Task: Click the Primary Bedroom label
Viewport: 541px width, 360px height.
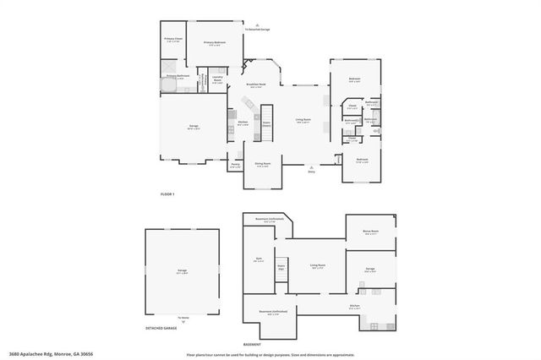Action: pyautogui.click(x=214, y=43)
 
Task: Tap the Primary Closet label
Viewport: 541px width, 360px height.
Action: pyautogui.click(x=173, y=39)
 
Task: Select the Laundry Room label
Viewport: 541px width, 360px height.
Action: pyautogui.click(x=217, y=81)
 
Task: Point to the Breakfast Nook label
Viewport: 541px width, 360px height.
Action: pyautogui.click(x=255, y=85)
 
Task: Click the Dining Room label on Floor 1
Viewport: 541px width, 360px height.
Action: pyautogui.click(x=262, y=164)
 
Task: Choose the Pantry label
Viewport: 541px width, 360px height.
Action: pyautogui.click(x=235, y=166)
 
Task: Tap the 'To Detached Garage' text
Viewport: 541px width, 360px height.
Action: pyautogui.click(x=257, y=29)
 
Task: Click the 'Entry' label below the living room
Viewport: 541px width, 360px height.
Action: pyautogui.click(x=311, y=171)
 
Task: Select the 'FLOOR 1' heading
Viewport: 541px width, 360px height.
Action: pyautogui.click(x=167, y=194)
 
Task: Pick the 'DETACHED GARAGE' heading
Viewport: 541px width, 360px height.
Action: pyautogui.click(x=161, y=328)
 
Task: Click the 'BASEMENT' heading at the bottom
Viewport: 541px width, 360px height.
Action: pyautogui.click(x=251, y=345)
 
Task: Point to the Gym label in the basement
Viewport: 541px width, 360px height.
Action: pyautogui.click(x=260, y=260)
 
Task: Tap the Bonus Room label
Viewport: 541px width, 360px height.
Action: pyautogui.click(x=370, y=232)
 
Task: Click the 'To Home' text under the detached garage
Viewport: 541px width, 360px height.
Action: pyautogui.click(x=183, y=317)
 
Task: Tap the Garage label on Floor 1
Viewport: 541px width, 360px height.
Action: pyautogui.click(x=194, y=127)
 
